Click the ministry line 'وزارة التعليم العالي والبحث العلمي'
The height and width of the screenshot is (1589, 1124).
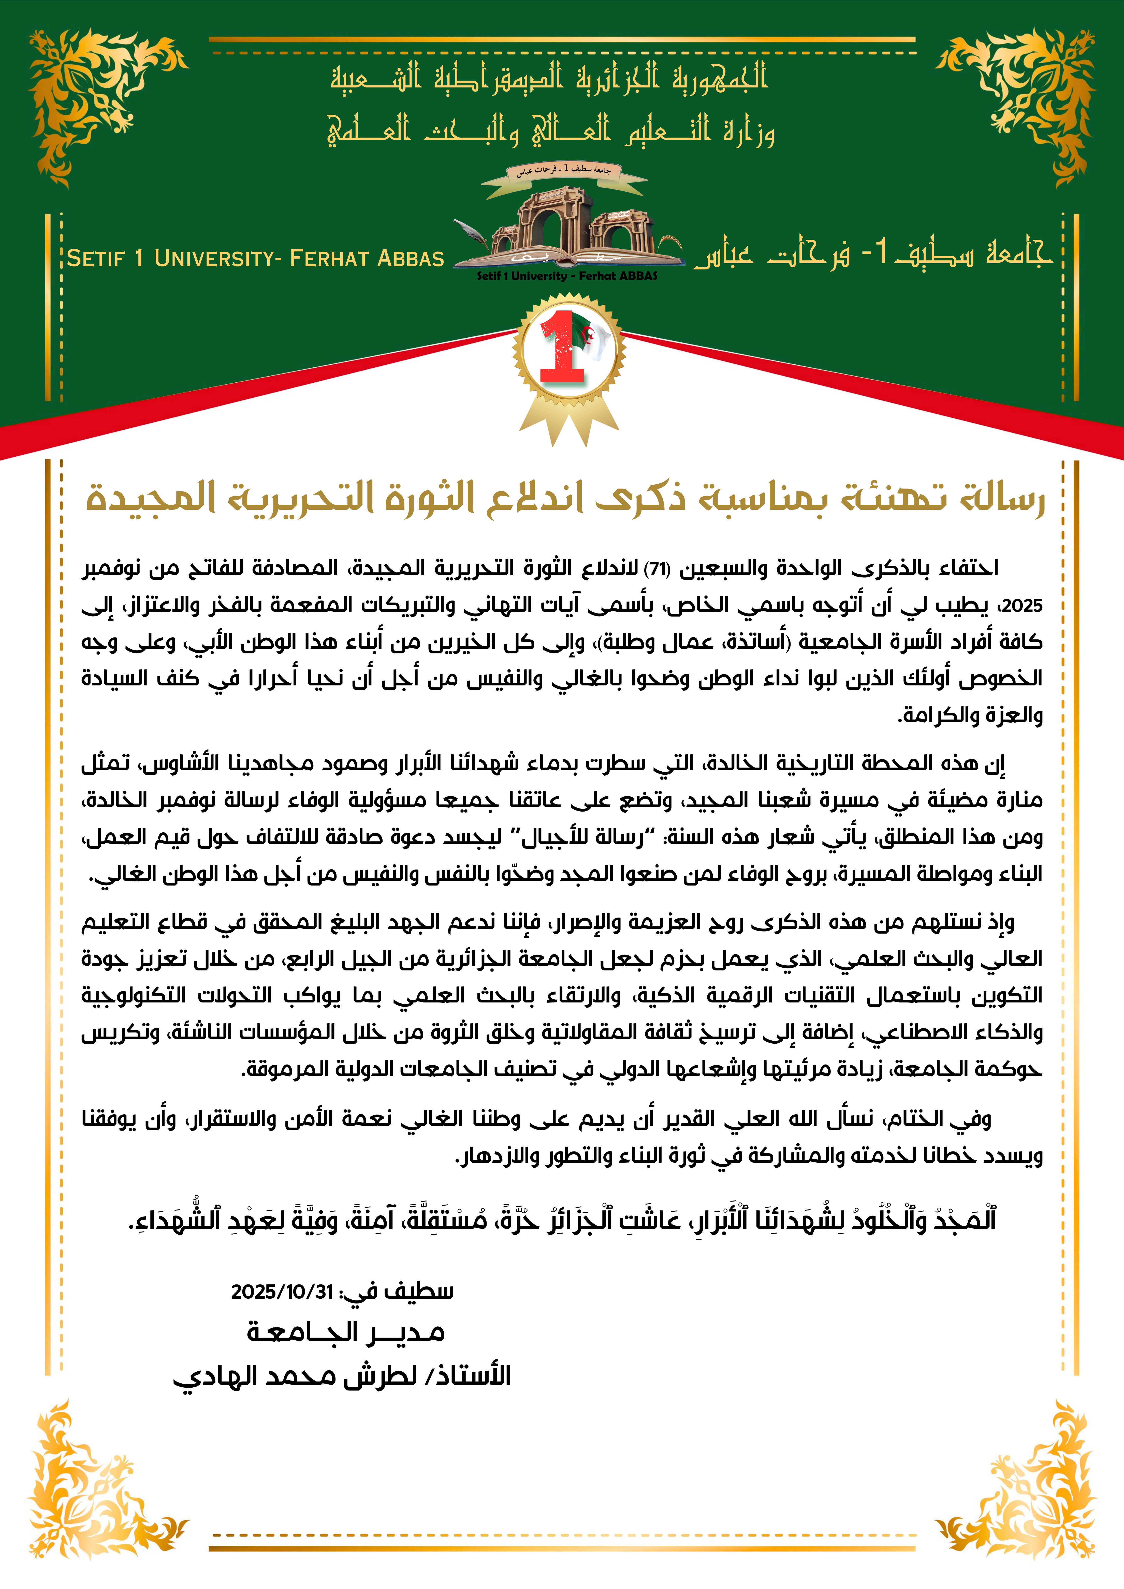coord(551,130)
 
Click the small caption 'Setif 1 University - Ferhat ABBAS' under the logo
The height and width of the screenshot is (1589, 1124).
coord(566,276)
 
